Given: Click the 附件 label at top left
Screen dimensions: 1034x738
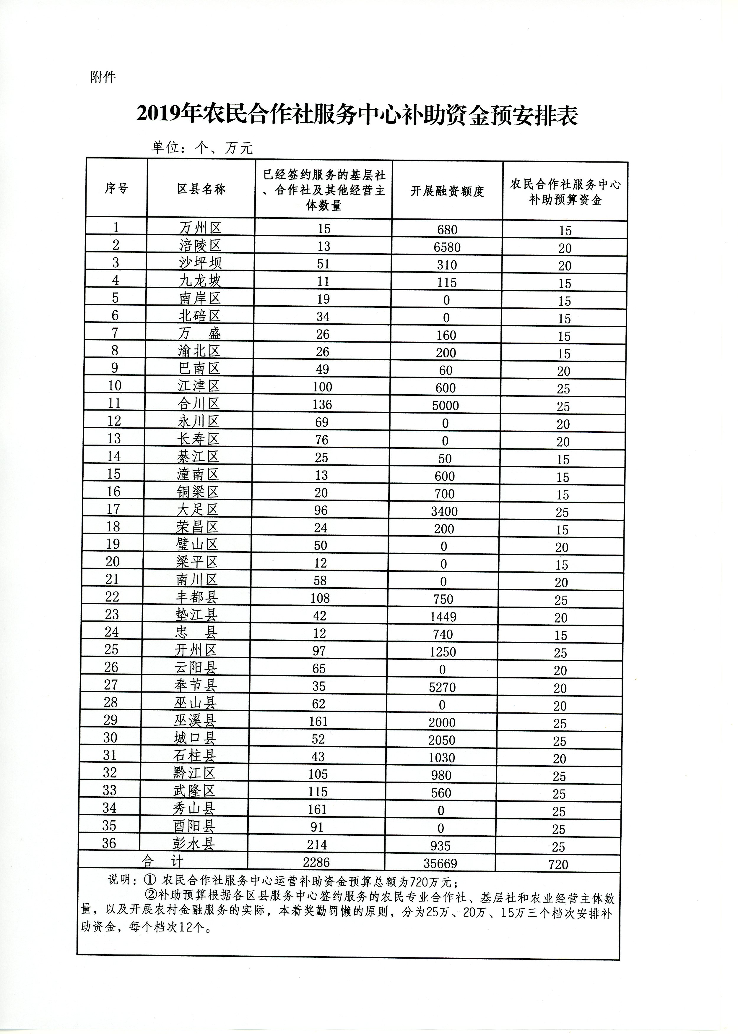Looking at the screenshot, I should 103,77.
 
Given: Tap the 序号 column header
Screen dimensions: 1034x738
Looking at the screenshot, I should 116,188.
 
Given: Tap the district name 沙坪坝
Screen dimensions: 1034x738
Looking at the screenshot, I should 200,263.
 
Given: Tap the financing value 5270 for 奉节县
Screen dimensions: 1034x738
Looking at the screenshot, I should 442,687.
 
